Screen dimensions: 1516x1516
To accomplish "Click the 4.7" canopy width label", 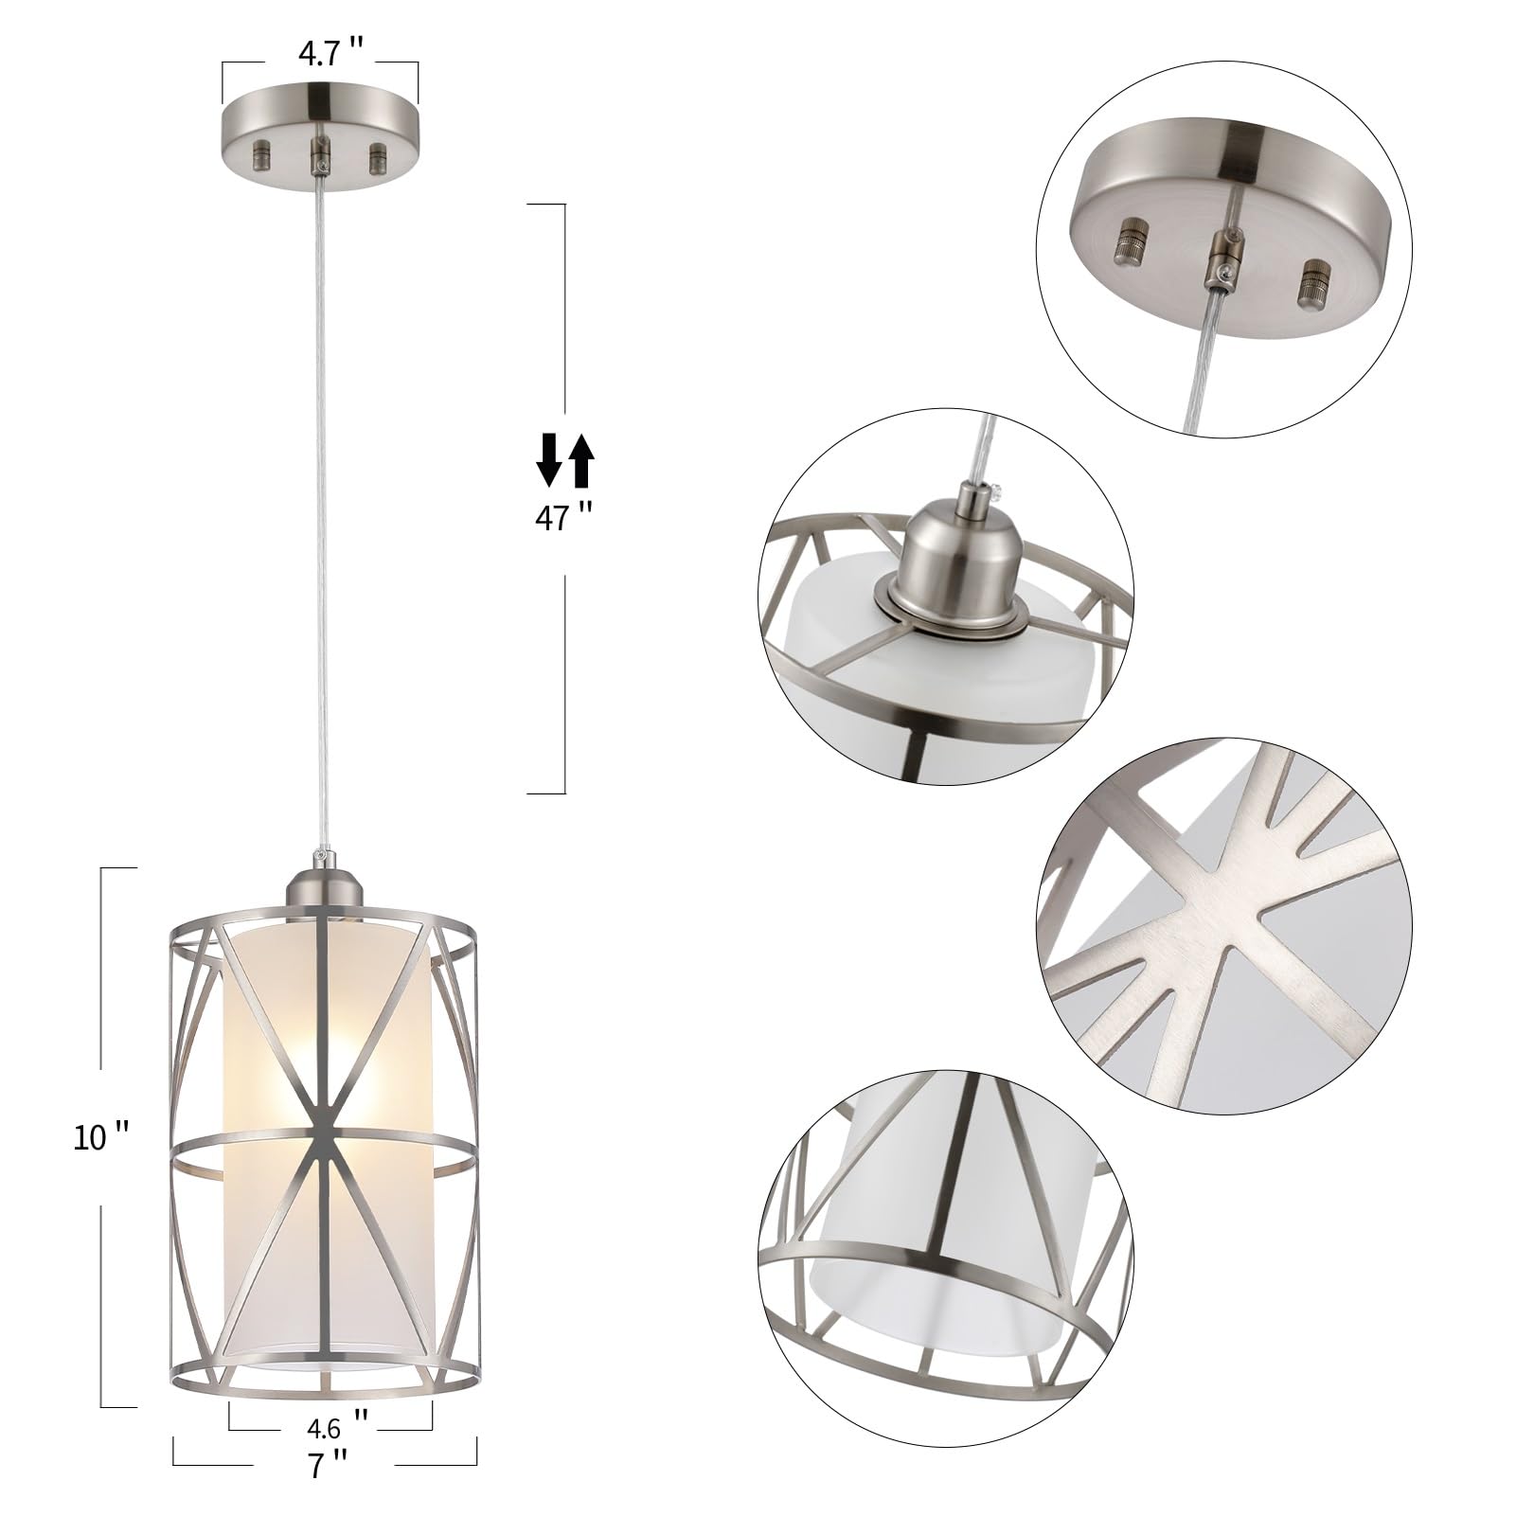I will click(x=319, y=54).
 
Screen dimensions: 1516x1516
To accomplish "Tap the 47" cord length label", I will click(x=563, y=518).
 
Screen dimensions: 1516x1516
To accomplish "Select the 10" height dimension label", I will click(x=101, y=1136).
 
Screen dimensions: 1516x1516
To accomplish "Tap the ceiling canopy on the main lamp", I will click(x=320, y=133).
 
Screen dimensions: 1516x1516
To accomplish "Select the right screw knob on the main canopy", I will click(x=378, y=152).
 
